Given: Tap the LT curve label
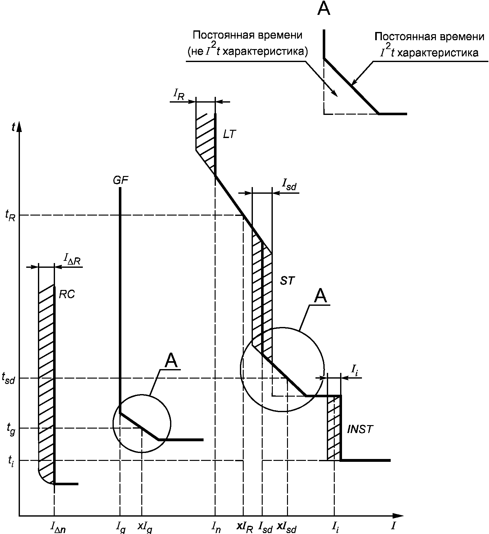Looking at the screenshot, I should click(229, 134).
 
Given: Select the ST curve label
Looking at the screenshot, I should click(287, 281).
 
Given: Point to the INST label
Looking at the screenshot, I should click(360, 430).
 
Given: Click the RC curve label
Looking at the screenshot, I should click(67, 295).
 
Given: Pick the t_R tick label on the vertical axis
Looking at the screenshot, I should click(10, 216).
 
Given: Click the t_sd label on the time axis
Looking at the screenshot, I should click(9, 378).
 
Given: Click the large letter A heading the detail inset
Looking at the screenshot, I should click(324, 9).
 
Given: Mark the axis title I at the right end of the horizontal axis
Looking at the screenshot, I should click(393, 526).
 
